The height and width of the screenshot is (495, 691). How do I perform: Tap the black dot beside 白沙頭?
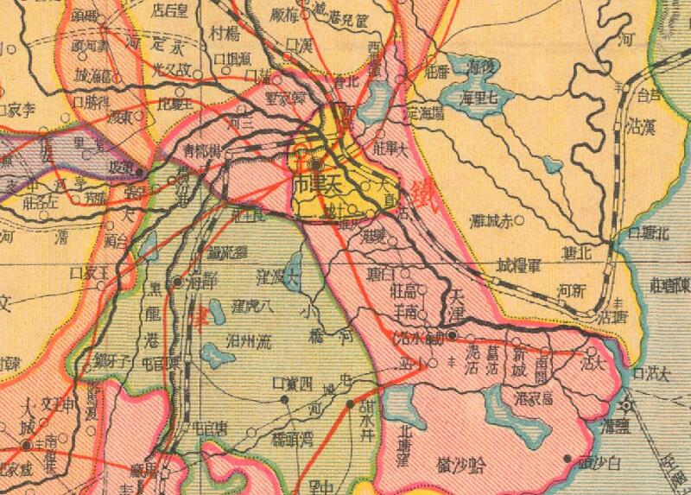click(x=567, y=458)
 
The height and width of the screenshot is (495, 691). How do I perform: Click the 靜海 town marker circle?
click(x=178, y=282)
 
